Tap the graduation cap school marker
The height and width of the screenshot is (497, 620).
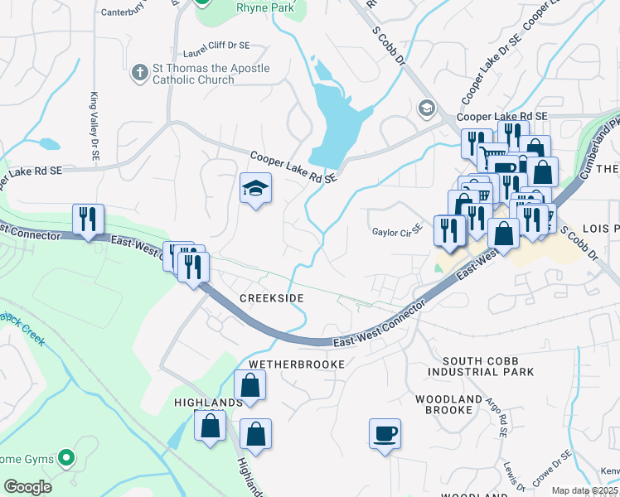pyautogui.click(x=255, y=189)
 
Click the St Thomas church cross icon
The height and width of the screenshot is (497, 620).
pyautogui.click(x=139, y=74)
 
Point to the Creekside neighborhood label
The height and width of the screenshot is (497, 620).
pyautogui.click(x=272, y=297)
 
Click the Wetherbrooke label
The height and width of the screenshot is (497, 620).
pyautogui.click(x=295, y=364)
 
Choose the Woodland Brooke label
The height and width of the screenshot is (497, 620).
pyautogui.click(x=448, y=404)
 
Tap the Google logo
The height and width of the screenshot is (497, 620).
pyautogui.click(x=27, y=487)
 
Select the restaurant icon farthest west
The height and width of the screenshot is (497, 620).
pyautogui.click(x=88, y=220)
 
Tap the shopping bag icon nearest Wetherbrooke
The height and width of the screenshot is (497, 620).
pyautogui.click(x=250, y=385)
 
